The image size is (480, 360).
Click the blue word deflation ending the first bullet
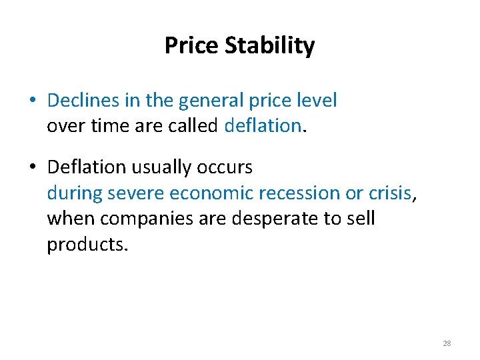pyautogui.click(x=263, y=125)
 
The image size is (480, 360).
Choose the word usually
pyautogui.click(x=161, y=168)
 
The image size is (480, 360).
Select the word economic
pyautogui.click(x=211, y=193)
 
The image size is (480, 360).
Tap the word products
pyautogui.click(x=77, y=244)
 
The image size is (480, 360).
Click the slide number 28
pyautogui.click(x=447, y=343)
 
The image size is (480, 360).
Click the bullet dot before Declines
pyautogui.click(x=32, y=101)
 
